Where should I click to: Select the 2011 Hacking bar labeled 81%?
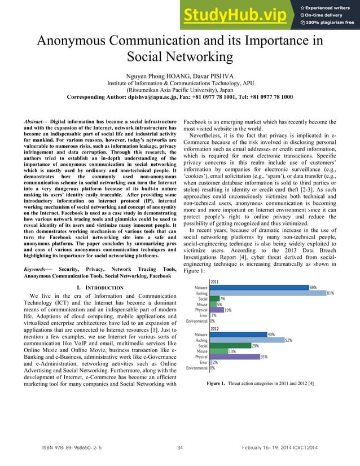(267, 293)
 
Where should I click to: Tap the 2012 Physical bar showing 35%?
(234, 357)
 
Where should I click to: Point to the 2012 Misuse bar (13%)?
(218, 351)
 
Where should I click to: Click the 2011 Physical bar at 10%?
(216, 310)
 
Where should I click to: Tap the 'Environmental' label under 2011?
(197, 321)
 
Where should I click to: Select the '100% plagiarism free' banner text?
(330, 23)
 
